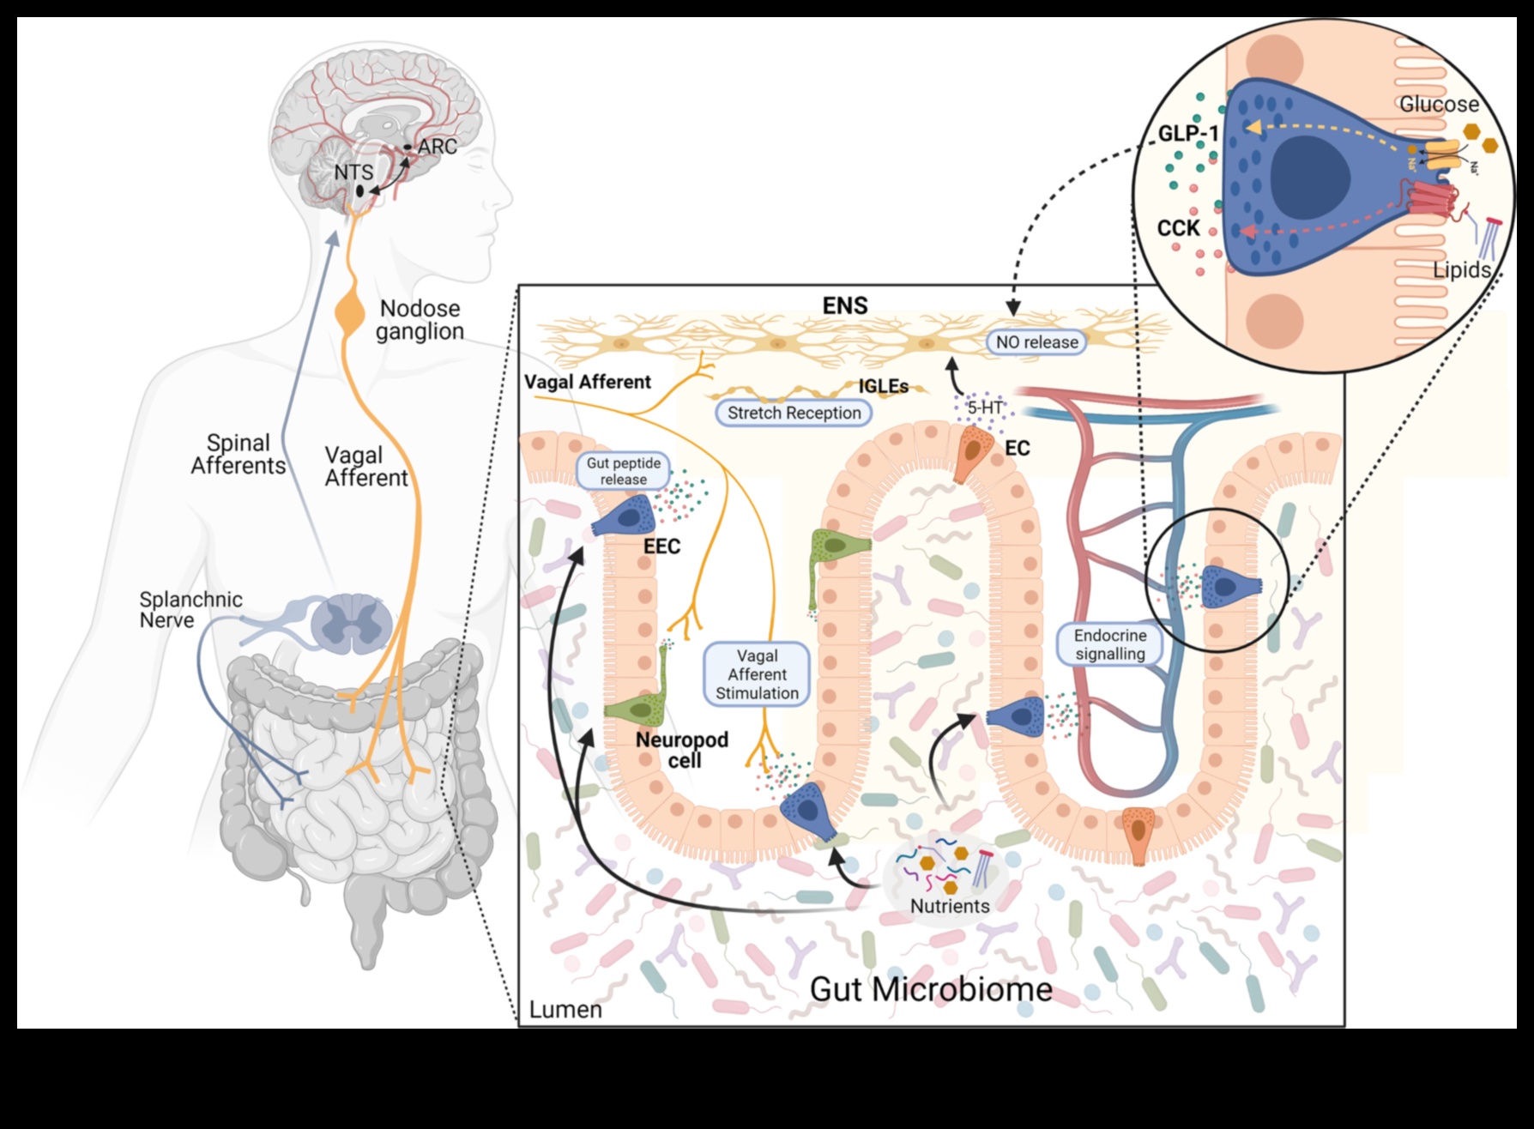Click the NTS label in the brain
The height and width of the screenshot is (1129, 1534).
point(353,172)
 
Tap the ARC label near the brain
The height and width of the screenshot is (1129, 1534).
point(438,147)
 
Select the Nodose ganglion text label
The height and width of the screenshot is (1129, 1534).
point(420,320)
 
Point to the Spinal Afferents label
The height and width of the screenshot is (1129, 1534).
point(238,455)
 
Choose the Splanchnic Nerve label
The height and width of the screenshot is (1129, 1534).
point(190,610)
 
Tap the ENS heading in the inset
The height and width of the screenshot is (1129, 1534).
point(845,305)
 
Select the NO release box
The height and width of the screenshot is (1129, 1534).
point(1036,342)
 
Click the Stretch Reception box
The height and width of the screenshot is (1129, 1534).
point(794,413)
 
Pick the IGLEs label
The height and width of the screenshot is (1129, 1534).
point(884,387)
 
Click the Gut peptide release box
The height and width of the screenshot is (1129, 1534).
point(624,471)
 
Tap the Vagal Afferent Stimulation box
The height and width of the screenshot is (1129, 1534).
point(757,674)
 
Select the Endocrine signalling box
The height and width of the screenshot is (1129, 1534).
point(1110,644)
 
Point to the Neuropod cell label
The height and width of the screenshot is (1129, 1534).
point(682,750)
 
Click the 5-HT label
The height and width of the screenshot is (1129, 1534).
point(985,408)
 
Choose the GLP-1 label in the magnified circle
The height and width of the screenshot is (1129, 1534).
point(1188,134)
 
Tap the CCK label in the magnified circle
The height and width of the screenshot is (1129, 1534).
point(1179,228)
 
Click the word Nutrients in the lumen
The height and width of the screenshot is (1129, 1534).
point(950,906)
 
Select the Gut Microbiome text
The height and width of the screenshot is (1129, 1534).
point(931,989)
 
